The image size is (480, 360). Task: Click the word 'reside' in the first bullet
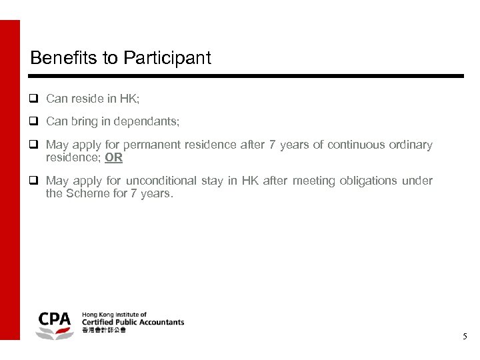click(x=87, y=99)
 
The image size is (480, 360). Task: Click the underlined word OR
click(x=114, y=158)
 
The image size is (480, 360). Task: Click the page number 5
click(x=465, y=337)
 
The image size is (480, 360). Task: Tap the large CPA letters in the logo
click(x=55, y=319)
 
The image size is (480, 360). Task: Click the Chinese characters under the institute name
click(x=103, y=331)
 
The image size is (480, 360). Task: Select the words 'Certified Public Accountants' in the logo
click(x=133, y=322)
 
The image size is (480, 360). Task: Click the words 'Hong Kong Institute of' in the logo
click(x=114, y=313)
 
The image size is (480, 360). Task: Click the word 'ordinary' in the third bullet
click(x=411, y=145)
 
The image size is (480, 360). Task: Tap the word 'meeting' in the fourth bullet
click(x=311, y=181)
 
